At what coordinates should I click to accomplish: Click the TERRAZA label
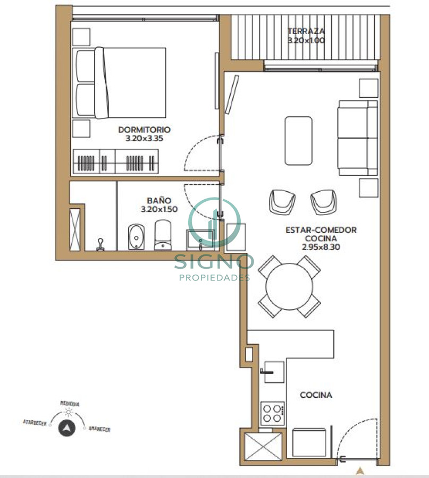306,31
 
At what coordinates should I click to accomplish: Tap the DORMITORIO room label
144,129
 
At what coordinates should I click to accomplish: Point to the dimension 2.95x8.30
321,247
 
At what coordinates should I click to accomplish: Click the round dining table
290,289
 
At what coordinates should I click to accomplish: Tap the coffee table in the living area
298,141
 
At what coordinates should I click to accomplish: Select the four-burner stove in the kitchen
273,413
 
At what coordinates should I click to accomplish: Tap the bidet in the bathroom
136,237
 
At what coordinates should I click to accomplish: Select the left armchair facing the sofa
282,201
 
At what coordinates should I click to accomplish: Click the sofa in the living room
357,138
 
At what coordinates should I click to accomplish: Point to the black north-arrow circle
66,428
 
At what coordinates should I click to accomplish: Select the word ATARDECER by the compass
35,423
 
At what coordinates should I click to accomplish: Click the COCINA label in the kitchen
316,395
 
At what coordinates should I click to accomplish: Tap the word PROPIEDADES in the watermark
214,277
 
